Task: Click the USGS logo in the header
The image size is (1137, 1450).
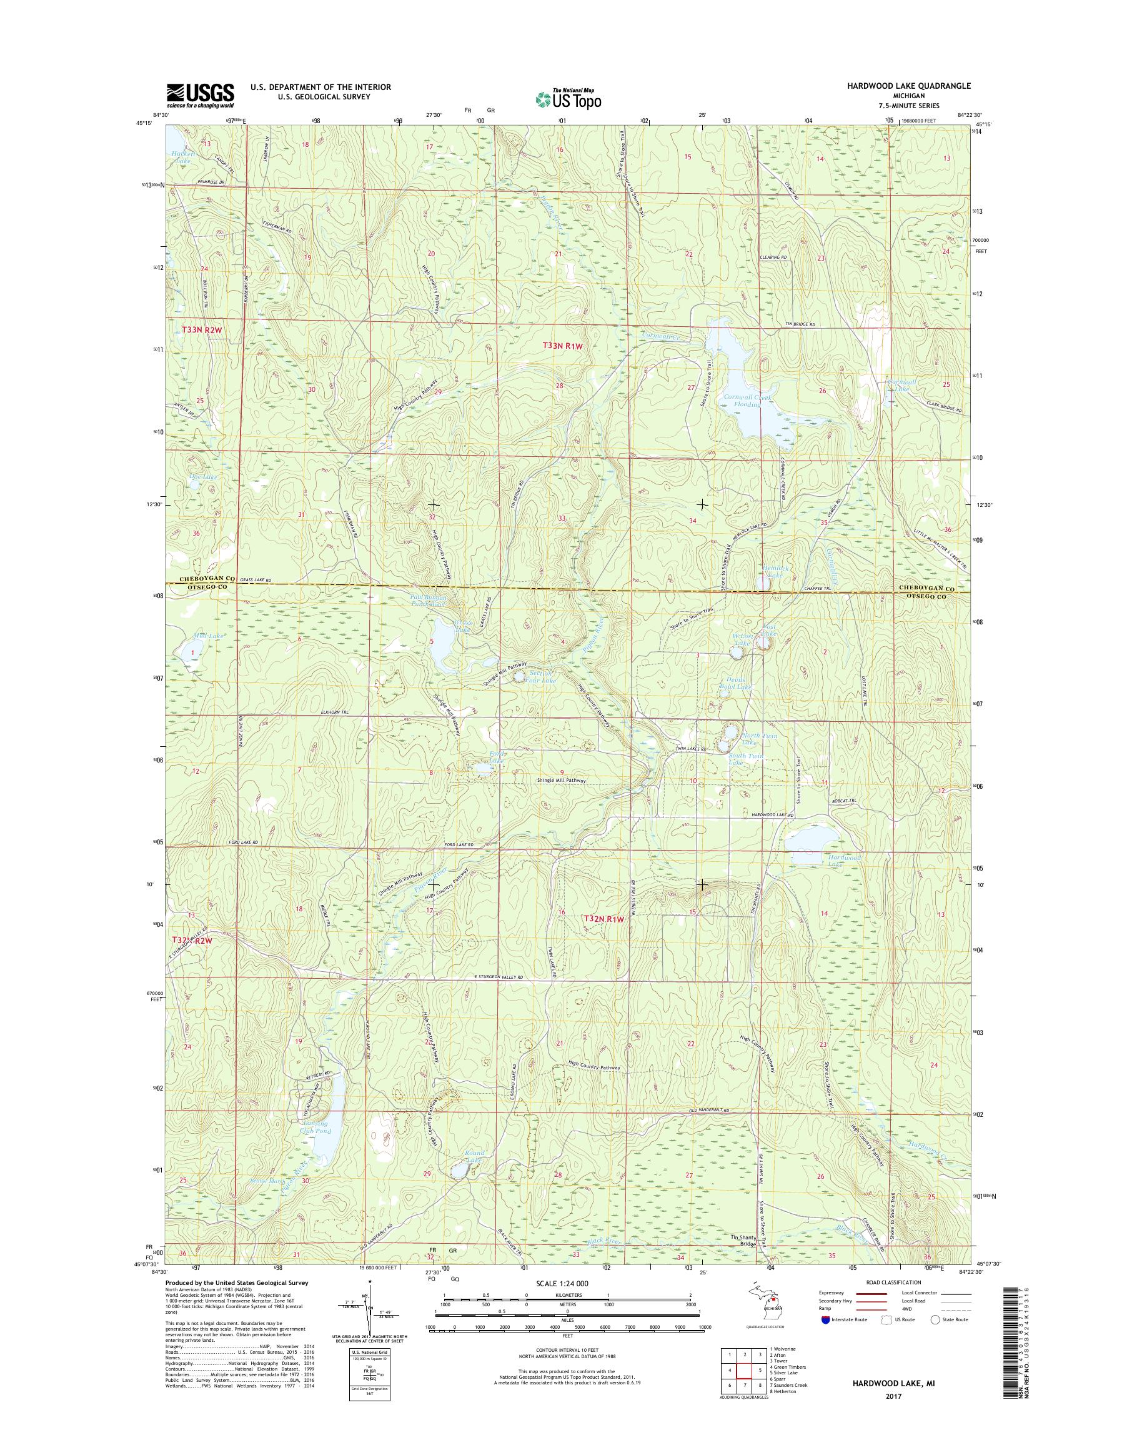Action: point(200,94)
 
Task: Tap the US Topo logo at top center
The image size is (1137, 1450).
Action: point(567,99)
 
